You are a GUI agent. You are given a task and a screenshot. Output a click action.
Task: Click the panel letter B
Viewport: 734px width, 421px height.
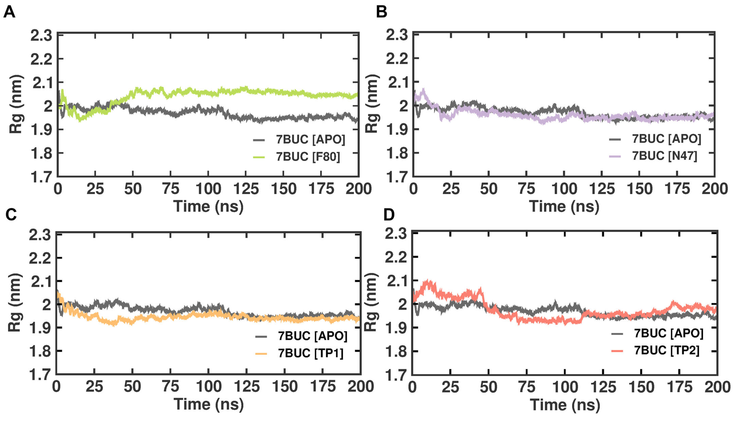coord(381,12)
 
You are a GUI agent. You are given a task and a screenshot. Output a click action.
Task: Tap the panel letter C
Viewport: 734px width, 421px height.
coord(11,215)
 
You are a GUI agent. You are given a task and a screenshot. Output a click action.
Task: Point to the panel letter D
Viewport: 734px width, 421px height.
coord(389,215)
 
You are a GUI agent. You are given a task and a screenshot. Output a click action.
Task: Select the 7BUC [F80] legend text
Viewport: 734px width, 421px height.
coord(308,157)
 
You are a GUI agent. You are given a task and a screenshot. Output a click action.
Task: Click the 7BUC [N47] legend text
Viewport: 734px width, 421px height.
coord(664,156)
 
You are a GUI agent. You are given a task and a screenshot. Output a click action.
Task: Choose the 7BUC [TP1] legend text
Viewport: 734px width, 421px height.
coord(311,353)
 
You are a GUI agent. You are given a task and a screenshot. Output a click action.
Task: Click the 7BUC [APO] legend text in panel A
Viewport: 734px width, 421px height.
coord(310,140)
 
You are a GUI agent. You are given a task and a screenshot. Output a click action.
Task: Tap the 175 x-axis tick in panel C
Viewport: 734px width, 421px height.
coord(323,387)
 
